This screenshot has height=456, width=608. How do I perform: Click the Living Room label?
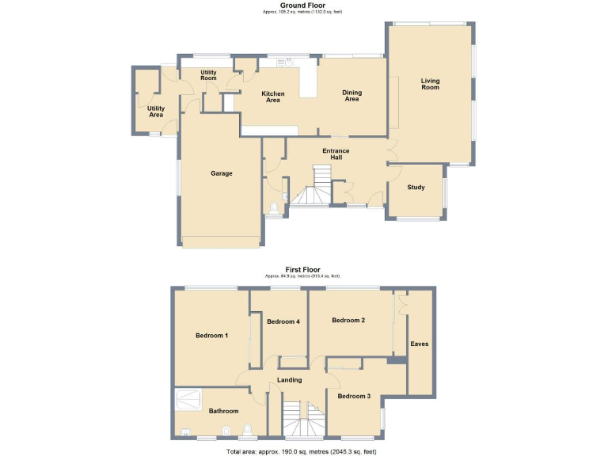point(430,84)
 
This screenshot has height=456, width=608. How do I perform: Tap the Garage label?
point(221,173)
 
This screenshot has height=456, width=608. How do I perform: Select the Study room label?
point(416,188)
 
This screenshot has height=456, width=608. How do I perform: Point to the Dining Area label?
point(351,96)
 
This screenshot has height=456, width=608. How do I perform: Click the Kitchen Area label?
point(273,97)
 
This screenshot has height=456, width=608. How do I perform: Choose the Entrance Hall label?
point(336,154)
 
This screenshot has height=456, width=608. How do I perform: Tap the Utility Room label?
point(208,75)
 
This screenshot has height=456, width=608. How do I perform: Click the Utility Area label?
point(156,112)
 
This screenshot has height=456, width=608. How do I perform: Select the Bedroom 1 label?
point(211,336)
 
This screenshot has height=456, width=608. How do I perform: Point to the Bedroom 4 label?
point(283,321)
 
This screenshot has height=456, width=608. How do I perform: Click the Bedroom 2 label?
point(348,321)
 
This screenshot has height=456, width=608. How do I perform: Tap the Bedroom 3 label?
point(354,396)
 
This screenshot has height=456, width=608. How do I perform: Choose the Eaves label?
point(419,344)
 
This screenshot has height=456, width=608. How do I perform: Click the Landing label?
point(290,381)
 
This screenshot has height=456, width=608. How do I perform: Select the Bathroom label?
point(223,411)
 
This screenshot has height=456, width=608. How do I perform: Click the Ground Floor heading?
point(303,6)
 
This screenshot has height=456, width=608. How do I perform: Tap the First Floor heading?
point(303,269)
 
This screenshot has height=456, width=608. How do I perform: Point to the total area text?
point(303,450)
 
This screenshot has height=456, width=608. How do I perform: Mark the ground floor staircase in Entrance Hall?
point(313,188)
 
